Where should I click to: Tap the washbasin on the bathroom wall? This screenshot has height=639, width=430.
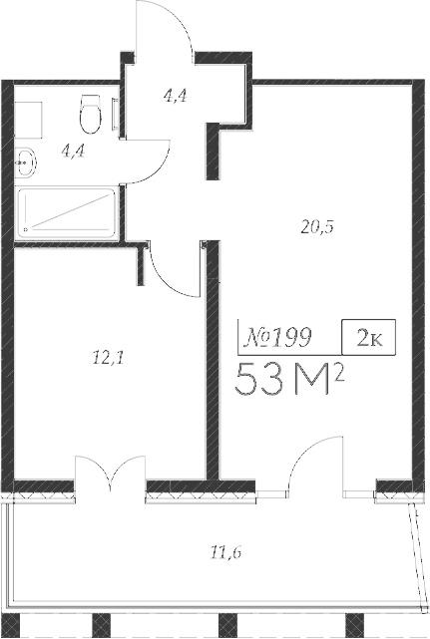(25, 158)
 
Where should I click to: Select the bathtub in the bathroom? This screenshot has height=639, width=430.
(67, 212)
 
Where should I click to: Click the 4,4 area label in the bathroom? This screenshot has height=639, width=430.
(72, 152)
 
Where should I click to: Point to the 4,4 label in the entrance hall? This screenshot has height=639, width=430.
(176, 97)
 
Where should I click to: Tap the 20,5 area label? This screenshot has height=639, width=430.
(316, 226)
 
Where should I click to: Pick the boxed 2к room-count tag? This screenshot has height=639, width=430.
(368, 337)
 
